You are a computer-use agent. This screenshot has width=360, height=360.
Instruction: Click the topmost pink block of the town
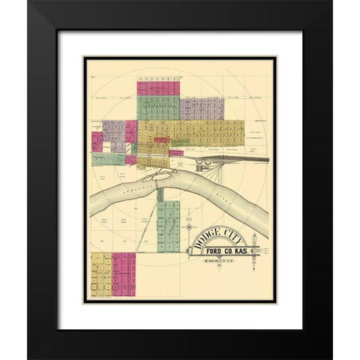tap(157, 88)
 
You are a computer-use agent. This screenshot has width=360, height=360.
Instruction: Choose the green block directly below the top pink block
tap(157, 107)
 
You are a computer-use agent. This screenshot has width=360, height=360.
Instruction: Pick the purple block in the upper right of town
tap(202, 108)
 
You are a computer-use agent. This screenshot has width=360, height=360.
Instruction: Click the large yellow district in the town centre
tap(202, 133)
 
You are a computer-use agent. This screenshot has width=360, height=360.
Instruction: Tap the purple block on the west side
tap(113, 132)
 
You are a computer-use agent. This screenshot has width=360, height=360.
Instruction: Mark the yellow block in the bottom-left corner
tap(101, 274)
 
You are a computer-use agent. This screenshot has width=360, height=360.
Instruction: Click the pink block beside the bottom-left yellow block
tap(124, 274)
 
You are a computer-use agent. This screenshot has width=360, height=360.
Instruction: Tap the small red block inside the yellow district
tap(160, 139)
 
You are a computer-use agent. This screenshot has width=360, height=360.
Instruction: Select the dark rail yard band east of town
tap(240, 159)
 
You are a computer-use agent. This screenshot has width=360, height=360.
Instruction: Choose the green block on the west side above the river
tap(107, 159)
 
